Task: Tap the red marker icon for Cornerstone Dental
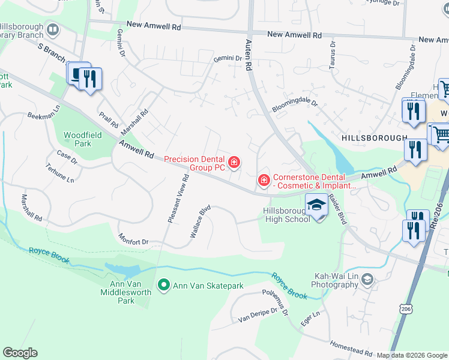[x=263, y=180]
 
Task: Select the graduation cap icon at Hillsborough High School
[x=316, y=206]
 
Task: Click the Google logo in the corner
[x=20, y=353]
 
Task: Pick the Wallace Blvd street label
[x=201, y=223]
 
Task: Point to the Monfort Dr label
[x=133, y=242]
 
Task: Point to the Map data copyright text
[x=411, y=355]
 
